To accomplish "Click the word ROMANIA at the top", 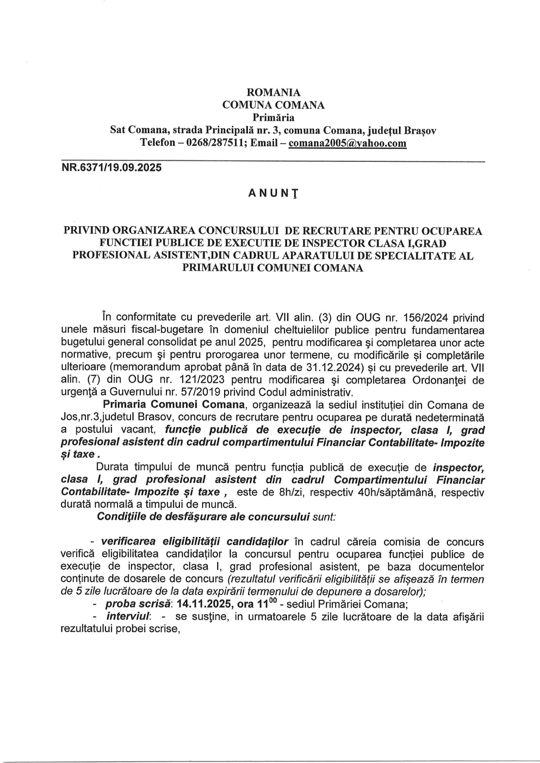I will (274, 93).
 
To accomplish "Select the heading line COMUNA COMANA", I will (274, 105).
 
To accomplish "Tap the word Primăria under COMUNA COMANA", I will (274, 118).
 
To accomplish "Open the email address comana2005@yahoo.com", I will (347, 143).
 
